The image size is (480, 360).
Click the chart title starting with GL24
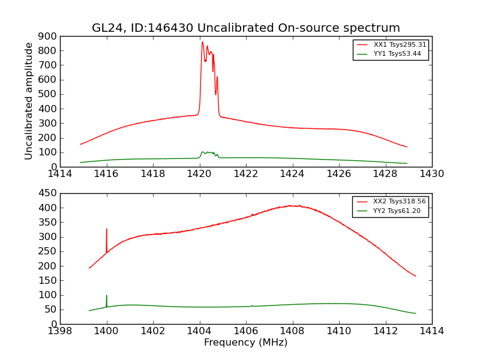(x=245, y=28)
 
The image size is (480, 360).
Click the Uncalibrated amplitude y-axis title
(x=29, y=101)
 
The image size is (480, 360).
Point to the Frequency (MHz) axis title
(x=245, y=343)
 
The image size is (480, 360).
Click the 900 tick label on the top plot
(x=48, y=36)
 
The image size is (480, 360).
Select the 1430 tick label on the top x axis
(x=431, y=174)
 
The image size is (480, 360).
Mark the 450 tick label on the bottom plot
(x=48, y=193)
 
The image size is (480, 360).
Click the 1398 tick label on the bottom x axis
(x=60, y=331)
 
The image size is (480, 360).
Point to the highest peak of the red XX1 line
(x=202, y=42)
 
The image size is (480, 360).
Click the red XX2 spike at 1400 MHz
(x=107, y=229)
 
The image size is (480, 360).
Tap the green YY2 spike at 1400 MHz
(x=107, y=296)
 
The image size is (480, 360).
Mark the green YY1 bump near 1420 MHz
(x=208, y=152)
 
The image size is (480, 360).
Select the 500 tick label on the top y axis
(x=48, y=94)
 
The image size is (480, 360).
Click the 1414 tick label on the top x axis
(x=60, y=174)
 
